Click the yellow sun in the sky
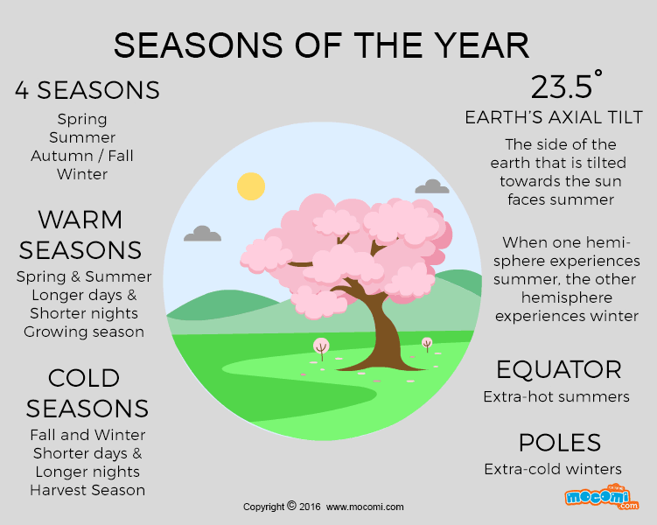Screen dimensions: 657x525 click(x=251, y=186)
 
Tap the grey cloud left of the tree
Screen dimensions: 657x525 click(x=202, y=234)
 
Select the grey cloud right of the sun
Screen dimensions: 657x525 click(x=432, y=186)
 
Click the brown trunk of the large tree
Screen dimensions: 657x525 click(x=383, y=331)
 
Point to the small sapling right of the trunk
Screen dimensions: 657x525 click(x=427, y=344)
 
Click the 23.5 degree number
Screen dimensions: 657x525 click(x=566, y=85)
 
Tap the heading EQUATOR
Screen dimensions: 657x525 click(x=558, y=369)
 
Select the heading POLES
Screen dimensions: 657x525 click(x=560, y=443)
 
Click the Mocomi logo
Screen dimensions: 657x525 click(x=601, y=497)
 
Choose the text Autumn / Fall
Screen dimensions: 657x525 click(x=82, y=156)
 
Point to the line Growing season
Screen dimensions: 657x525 click(x=84, y=332)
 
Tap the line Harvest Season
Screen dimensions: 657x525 click(x=87, y=490)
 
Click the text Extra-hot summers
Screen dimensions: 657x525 click(x=556, y=396)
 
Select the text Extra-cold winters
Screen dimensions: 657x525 click(x=553, y=469)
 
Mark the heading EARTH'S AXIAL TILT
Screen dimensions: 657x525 click(x=554, y=117)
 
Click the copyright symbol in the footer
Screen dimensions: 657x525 click(x=291, y=506)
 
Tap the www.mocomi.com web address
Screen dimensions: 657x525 click(x=365, y=507)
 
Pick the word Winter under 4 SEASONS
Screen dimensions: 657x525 click(x=82, y=174)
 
